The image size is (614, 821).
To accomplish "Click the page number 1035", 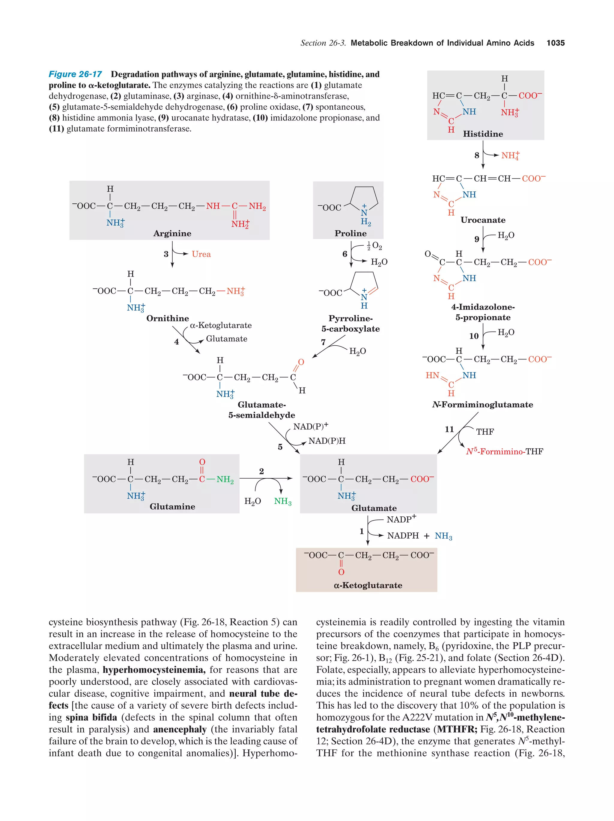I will click(555, 43).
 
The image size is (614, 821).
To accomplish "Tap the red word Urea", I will click(201, 254).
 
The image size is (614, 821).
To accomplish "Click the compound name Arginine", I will click(172, 233).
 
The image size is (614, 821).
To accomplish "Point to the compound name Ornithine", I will click(167, 318).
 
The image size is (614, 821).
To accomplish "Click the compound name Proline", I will click(350, 233).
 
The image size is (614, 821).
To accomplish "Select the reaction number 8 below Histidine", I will click(477, 155).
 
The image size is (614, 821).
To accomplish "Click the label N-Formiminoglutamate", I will click(482, 405).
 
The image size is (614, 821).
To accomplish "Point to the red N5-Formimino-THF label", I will click(504, 452).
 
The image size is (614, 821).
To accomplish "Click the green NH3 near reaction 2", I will click(282, 501).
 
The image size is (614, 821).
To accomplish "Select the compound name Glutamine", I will click(172, 506).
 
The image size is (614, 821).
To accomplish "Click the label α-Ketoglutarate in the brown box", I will click(368, 585).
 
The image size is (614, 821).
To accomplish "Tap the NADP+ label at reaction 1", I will click(401, 519).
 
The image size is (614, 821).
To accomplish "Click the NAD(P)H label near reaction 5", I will click(326, 441).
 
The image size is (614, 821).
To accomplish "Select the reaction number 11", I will click(449, 430).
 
